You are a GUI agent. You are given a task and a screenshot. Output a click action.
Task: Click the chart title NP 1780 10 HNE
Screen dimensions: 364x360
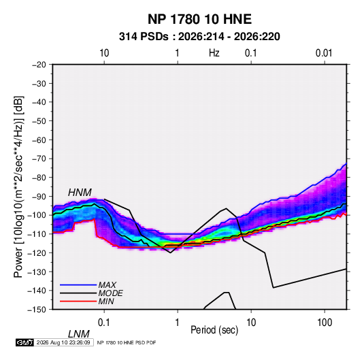click(x=199, y=19)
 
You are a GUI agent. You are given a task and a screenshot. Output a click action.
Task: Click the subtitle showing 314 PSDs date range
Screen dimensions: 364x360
click(x=199, y=37)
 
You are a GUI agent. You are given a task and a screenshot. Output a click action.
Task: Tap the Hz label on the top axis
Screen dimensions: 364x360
click(x=214, y=53)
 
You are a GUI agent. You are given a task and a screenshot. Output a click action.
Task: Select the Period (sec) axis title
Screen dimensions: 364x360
click(x=214, y=329)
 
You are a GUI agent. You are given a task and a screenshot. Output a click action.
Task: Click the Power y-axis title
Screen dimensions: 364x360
click(x=18, y=187)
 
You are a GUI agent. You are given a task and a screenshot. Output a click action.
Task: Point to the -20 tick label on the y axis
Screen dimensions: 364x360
click(x=39, y=65)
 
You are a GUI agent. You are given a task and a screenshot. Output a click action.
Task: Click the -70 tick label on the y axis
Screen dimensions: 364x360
click(x=39, y=159)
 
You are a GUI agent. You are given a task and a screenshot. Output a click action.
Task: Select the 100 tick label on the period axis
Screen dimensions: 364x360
click(x=325, y=323)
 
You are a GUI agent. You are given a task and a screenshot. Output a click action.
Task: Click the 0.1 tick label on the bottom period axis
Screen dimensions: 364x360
click(x=104, y=323)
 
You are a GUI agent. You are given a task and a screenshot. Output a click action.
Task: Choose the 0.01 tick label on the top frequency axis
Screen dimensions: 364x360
click(x=324, y=53)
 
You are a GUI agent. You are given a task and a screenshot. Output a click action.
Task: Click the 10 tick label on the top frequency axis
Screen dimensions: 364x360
click(x=104, y=53)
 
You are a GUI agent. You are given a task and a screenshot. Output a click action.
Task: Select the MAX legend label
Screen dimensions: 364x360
click(x=107, y=284)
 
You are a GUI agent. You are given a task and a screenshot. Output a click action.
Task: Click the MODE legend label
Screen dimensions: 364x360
click(x=110, y=293)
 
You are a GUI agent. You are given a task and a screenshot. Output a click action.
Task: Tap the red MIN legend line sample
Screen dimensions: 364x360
click(x=78, y=301)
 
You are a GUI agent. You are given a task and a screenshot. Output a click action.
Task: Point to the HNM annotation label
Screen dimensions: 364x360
click(x=80, y=193)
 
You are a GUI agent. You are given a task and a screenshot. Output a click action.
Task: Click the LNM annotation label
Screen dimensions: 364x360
click(x=78, y=334)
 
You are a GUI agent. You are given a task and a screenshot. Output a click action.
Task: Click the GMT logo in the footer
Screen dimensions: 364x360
click(x=25, y=342)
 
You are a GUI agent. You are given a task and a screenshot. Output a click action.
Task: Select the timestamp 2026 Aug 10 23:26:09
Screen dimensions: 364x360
click(x=63, y=342)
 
